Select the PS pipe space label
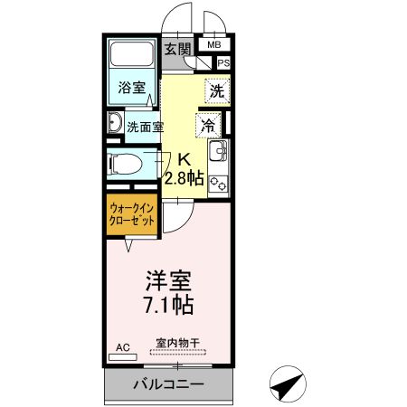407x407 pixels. point(223,62)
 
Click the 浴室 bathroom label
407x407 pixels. point(133,89)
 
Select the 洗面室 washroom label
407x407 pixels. point(145,127)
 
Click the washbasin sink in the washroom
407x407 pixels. point(116,125)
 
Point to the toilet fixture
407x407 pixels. point(125,165)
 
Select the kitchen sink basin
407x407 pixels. point(218,149)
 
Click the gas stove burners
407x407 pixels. point(218,180)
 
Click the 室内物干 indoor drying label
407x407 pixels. point(177,343)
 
